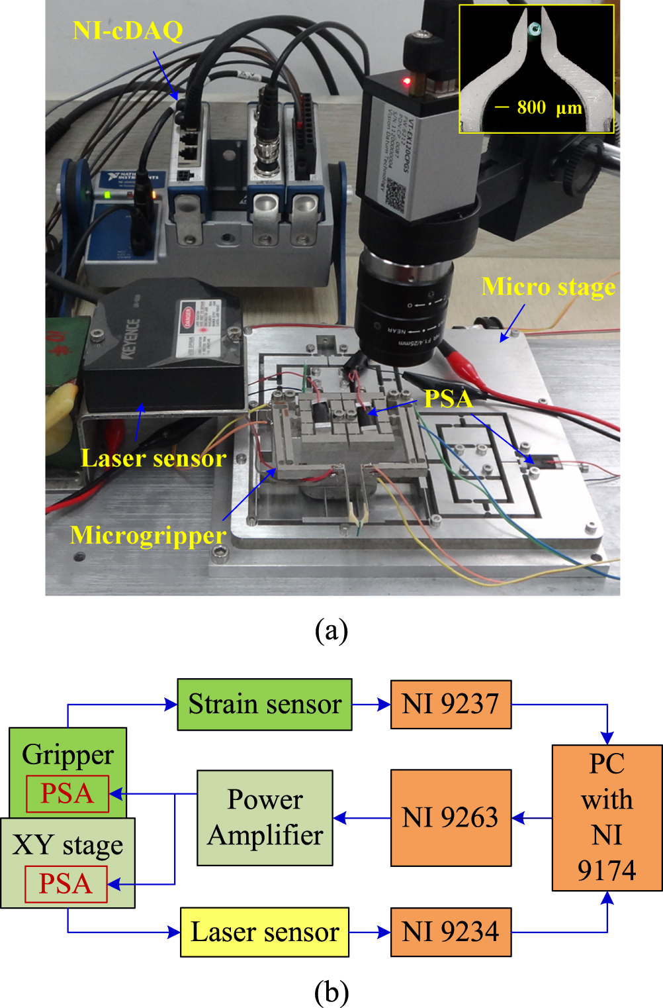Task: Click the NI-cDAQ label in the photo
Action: coord(128,30)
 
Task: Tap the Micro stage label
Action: coord(548,287)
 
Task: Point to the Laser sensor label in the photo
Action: coord(154,458)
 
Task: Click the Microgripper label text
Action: coord(148,535)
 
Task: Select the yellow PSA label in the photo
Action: coord(448,399)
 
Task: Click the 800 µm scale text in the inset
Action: coord(549,107)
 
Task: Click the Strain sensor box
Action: coord(265,705)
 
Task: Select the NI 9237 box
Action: coord(451,705)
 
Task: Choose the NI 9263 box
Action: coord(451,818)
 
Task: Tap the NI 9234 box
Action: coord(451,932)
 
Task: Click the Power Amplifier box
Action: coord(265,818)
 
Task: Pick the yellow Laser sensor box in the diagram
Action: coord(265,932)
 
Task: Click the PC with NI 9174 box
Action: coord(607,818)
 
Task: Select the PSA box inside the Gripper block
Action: coord(67,793)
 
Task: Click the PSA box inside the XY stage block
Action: coord(66,884)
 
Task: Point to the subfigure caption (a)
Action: coord(331,630)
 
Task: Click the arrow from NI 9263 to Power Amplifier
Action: coord(362,819)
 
